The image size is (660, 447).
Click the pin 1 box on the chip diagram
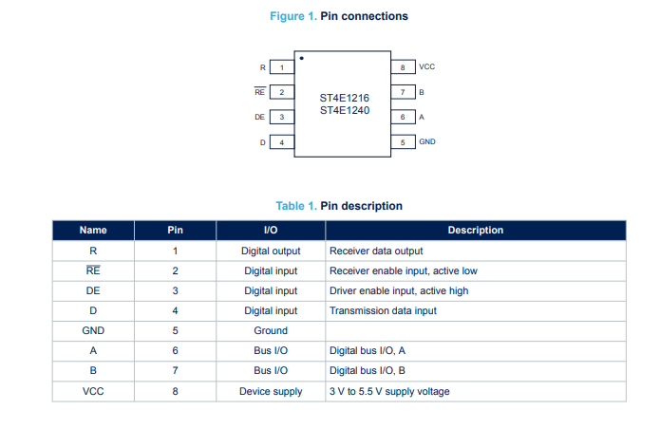pyautogui.click(x=282, y=67)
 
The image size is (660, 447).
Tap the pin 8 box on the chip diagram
pyautogui.click(x=403, y=67)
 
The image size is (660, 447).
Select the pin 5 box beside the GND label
pyautogui.click(x=403, y=142)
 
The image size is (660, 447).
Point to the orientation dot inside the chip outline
pyautogui.click(x=301, y=58)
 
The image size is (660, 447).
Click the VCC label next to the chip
pyautogui.click(x=426, y=66)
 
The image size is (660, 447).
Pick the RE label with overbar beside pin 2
pyautogui.click(x=259, y=92)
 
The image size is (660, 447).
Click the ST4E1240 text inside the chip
pyautogui.click(x=345, y=110)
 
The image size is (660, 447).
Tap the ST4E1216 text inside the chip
pyautogui.click(x=345, y=98)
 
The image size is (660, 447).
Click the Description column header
pyautogui.click(x=476, y=230)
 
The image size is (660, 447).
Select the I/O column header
pyautogui.click(x=271, y=230)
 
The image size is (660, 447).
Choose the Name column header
pyautogui.click(x=93, y=230)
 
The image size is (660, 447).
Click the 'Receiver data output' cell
pyautogui.click(x=376, y=251)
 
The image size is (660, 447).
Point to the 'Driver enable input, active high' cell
pyautogui.click(x=399, y=291)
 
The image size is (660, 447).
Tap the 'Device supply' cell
pyautogui.click(x=271, y=392)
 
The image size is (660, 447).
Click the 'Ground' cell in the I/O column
pyautogui.click(x=271, y=330)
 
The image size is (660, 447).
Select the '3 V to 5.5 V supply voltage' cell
pyautogui.click(x=389, y=392)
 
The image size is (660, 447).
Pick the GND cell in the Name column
pyautogui.click(x=93, y=330)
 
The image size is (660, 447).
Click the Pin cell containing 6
pyautogui.click(x=175, y=351)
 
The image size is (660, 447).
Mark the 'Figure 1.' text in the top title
pyautogui.click(x=293, y=16)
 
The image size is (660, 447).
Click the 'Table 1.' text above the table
pyautogui.click(x=296, y=206)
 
